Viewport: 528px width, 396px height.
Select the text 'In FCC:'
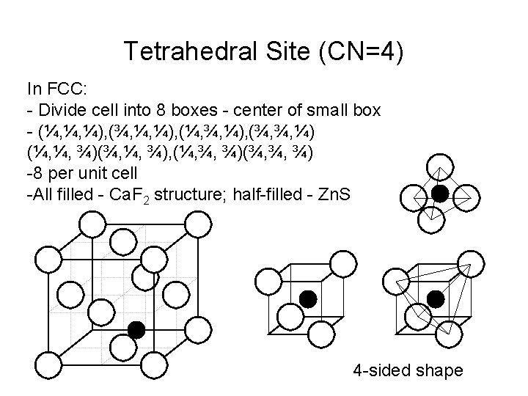[57, 89]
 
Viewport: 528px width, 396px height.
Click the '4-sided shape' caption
[408, 370]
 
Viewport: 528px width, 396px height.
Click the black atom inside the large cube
[136, 329]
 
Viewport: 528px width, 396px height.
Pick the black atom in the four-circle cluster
[439, 193]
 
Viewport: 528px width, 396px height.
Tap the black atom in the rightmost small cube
[436, 298]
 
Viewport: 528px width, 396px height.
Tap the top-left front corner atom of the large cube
[48, 257]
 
